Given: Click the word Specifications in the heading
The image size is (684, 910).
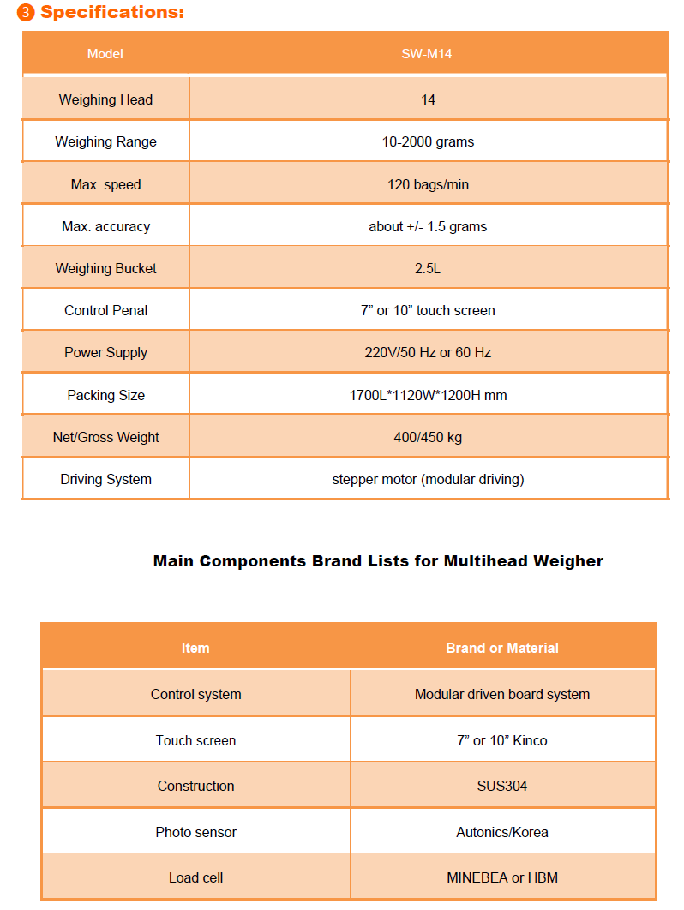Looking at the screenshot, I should tap(111, 13).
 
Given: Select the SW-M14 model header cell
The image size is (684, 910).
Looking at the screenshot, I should tap(428, 54).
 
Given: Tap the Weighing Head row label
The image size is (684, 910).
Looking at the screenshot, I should tap(105, 99).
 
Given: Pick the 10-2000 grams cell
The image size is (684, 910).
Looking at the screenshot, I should tap(428, 141).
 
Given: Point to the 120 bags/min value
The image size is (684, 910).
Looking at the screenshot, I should tap(428, 184).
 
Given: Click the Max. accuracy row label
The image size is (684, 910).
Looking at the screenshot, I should tap(105, 226).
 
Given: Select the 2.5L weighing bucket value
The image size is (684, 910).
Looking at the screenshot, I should tap(428, 268).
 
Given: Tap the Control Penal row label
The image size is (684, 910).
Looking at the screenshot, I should tap(105, 310).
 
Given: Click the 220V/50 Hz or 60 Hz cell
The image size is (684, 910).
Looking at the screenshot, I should tap(428, 352).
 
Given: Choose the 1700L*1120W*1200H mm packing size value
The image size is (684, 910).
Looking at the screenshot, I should tap(428, 395).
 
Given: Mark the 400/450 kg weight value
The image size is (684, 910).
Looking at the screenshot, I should tap(428, 437).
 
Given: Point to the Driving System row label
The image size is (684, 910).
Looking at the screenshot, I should tap(105, 479).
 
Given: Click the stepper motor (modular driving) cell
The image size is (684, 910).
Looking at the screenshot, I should tap(428, 479).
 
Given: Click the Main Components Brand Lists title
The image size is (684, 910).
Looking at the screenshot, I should tap(378, 561).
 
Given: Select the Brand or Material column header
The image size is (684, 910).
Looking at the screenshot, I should tap(502, 648).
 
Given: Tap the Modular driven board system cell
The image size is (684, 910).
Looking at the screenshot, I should tap(502, 694).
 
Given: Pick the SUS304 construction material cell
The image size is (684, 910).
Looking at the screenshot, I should tap(502, 786).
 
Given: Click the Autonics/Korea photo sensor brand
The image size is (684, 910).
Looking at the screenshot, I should tap(502, 832).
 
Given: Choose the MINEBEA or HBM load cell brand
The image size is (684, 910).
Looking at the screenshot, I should tap(502, 877).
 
